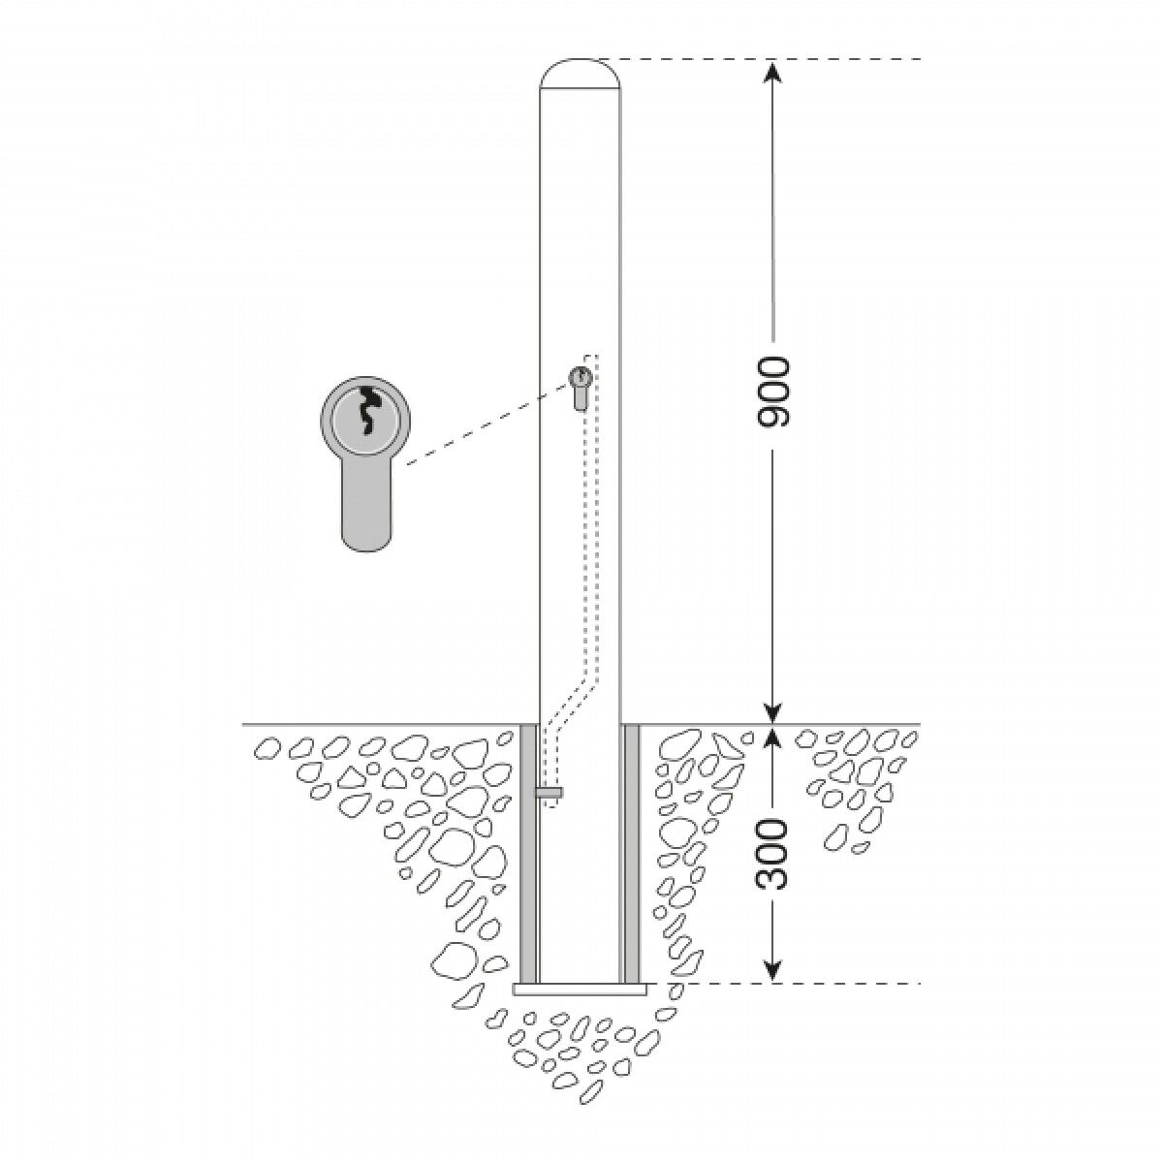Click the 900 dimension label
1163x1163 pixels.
[772, 393]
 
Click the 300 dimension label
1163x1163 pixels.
[772, 855]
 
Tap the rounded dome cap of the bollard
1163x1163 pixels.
[580, 74]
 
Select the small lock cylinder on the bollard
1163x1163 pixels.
[580, 389]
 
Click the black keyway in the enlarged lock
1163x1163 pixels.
[366, 411]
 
